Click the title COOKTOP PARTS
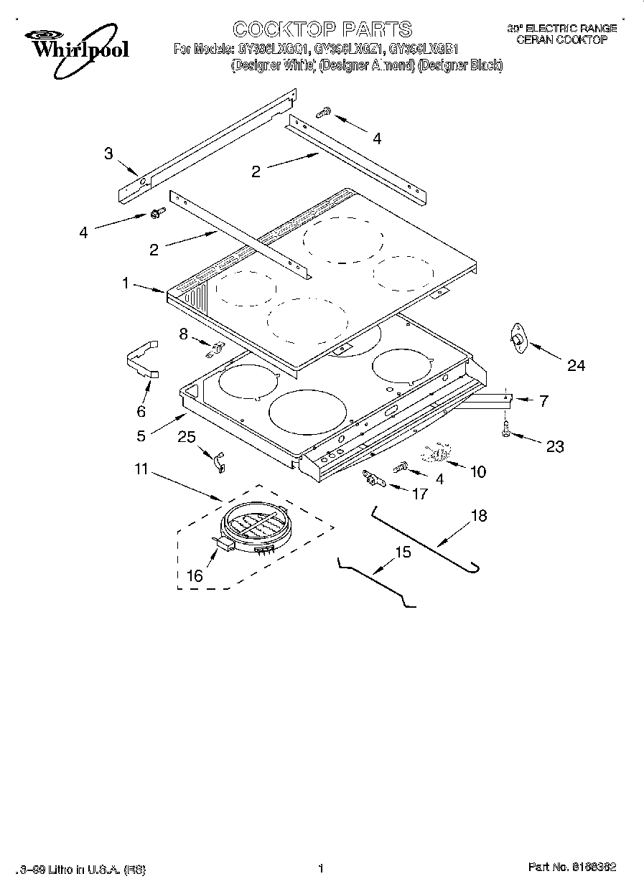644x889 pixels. (322, 29)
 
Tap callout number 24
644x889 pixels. (576, 366)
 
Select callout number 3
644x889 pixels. (108, 154)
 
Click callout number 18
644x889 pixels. (479, 515)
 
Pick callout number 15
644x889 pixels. (403, 552)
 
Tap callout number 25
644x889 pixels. (187, 437)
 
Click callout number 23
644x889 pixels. (554, 446)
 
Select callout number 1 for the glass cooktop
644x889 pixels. (125, 283)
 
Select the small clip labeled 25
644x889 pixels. (218, 461)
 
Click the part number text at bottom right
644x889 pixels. (572, 868)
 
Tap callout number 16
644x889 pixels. (195, 575)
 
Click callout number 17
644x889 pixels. (420, 494)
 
